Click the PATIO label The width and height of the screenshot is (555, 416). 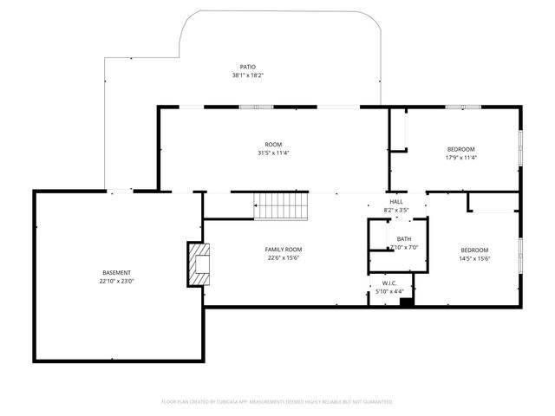pyautogui.click(x=248, y=67)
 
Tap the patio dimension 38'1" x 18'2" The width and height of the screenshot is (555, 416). pyautogui.click(x=248, y=75)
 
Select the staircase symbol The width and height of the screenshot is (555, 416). pyautogui.click(x=281, y=206)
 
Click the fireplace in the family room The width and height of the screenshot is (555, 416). pyautogui.click(x=199, y=264)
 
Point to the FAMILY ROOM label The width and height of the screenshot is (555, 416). pyautogui.click(x=284, y=249)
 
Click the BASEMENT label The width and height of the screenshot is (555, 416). pyautogui.click(x=115, y=272)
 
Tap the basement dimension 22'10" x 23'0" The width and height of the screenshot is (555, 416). pyautogui.click(x=115, y=281)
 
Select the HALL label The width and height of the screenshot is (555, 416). pyautogui.click(x=395, y=202)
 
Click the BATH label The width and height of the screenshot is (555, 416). pyautogui.click(x=404, y=239)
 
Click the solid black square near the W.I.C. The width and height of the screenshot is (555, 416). pyautogui.click(x=406, y=301)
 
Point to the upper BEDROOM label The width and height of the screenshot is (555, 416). pyautogui.click(x=460, y=149)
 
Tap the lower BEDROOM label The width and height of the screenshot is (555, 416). pyautogui.click(x=474, y=250)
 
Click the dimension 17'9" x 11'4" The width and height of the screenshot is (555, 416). pyautogui.click(x=460, y=158)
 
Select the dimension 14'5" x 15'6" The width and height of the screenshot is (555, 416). pyautogui.click(x=474, y=258)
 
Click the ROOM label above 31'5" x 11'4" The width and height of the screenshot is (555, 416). pyautogui.click(x=273, y=144)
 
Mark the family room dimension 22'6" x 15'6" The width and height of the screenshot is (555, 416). pyautogui.click(x=284, y=257)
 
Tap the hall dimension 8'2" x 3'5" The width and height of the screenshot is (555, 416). pyautogui.click(x=395, y=211)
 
